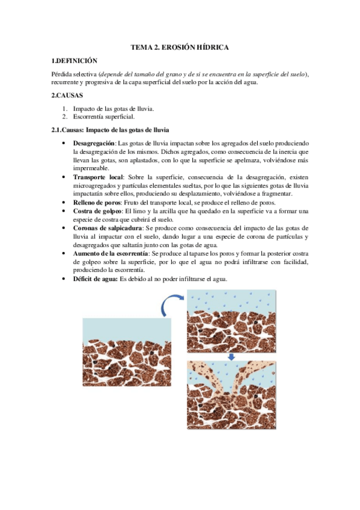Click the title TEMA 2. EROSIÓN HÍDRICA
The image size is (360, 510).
click(x=180, y=46)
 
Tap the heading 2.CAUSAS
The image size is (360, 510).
click(x=67, y=96)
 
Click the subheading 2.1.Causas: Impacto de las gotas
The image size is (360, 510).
click(x=111, y=131)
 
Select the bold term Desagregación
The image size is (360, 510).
click(x=94, y=144)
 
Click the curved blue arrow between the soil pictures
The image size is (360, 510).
click(x=172, y=304)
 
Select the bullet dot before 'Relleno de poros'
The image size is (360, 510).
click(x=64, y=203)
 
